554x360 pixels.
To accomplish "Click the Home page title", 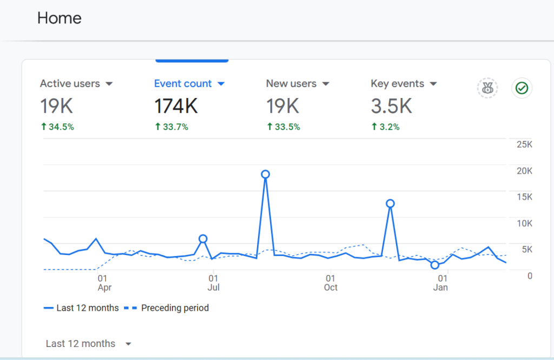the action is tap(60, 18).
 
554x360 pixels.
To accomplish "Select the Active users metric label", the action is tap(70, 83).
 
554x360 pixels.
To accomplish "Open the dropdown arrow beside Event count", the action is tap(221, 84).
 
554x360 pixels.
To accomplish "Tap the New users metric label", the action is tap(291, 83).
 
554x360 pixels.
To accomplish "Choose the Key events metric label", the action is tap(398, 83).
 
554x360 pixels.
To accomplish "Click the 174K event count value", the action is tap(176, 106).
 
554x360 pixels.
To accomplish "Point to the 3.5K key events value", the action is tap(392, 106).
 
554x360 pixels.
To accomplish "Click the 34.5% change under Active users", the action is tap(57, 127).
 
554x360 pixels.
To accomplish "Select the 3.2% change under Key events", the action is tap(385, 127).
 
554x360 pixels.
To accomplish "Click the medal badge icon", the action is tap(487, 88).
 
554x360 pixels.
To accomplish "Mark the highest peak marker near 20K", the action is tap(265, 174).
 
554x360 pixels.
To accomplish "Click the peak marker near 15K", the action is tap(390, 204).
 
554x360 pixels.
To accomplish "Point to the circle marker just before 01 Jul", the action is tap(203, 239).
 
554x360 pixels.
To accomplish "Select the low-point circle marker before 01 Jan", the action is tap(435, 265).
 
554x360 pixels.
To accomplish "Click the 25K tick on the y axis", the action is tap(524, 145).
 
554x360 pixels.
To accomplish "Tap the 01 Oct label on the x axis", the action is tap(331, 283).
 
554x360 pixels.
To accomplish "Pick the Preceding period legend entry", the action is tap(167, 308).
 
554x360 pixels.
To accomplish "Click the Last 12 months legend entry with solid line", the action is tap(81, 308).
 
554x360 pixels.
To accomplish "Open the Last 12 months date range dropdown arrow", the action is tap(128, 344).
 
